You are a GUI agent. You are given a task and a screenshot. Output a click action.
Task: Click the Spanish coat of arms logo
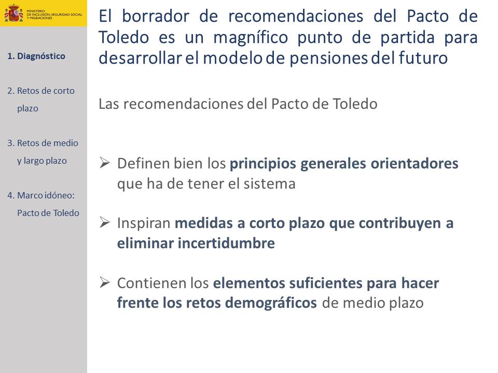point(13,13)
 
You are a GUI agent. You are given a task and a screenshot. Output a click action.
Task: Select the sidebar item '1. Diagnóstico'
point(36,56)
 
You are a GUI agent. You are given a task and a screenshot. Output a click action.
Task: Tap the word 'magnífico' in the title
point(251,38)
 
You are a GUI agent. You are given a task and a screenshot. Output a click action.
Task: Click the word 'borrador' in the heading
point(156,16)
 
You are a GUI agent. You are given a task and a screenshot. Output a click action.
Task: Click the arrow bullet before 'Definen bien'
point(104,163)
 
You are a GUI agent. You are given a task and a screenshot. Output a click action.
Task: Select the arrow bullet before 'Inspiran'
point(104,222)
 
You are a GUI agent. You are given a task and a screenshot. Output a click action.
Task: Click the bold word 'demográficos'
point(271,303)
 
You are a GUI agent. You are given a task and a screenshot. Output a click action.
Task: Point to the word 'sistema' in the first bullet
point(269,184)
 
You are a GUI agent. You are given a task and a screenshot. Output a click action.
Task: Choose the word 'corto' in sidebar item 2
point(64,91)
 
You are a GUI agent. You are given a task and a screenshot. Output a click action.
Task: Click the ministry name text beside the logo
point(54,15)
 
